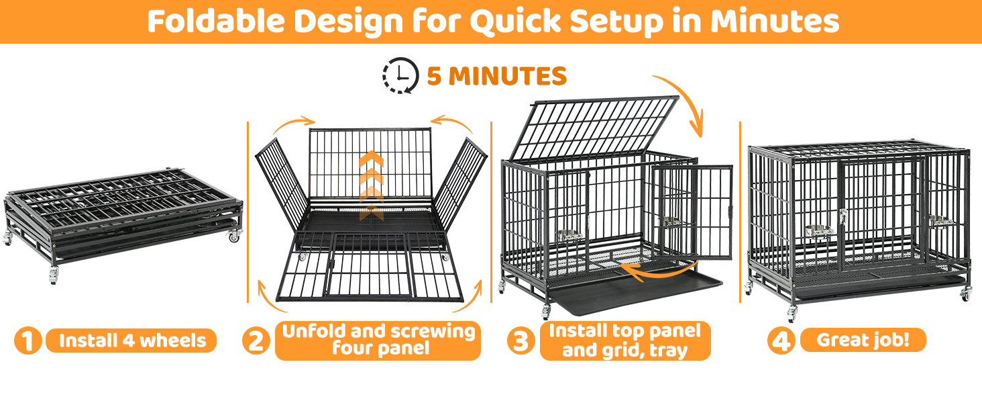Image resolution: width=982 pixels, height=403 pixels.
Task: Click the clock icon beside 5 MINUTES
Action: [400, 75]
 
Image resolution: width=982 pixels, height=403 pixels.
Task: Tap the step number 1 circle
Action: [28, 341]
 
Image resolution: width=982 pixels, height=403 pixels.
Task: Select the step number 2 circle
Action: [256, 341]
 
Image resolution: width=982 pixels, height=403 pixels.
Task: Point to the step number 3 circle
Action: [521, 341]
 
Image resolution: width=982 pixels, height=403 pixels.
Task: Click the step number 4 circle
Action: [781, 341]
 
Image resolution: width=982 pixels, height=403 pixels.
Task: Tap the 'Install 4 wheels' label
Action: [131, 341]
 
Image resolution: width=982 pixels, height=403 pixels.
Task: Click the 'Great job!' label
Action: [863, 340]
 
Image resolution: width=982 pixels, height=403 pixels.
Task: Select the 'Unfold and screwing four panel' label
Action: [378, 341]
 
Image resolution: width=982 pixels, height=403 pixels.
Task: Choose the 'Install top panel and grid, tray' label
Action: [624, 341]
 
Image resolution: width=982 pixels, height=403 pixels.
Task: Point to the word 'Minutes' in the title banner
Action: [774, 21]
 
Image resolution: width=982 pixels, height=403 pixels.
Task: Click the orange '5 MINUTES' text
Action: [496, 76]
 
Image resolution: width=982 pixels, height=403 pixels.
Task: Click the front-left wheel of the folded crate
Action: [52, 276]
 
